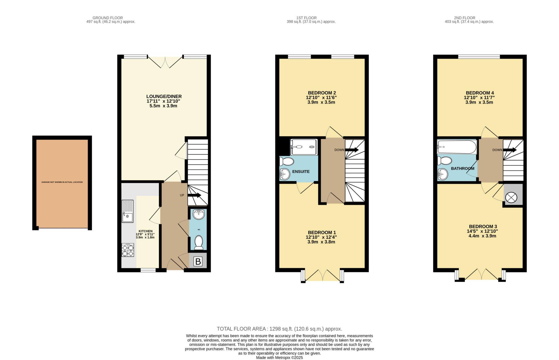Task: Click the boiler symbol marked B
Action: [x=198, y=261]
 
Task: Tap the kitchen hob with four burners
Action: [x=128, y=250]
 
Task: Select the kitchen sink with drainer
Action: [x=127, y=211]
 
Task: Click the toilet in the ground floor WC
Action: [x=199, y=243]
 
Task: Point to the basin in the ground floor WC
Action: [x=198, y=214]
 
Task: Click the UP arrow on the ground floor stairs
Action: [x=194, y=195]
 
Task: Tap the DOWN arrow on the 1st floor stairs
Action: [x=352, y=150]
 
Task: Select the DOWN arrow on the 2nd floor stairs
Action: [x=510, y=150]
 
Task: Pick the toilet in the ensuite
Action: [x=286, y=161]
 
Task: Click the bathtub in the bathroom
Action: [x=457, y=147]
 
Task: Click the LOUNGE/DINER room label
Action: [x=164, y=96]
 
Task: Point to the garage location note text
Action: [x=62, y=182]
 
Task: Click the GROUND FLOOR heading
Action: [x=108, y=18]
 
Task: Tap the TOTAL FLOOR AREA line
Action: [x=279, y=329]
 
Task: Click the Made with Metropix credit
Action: [x=279, y=358]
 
